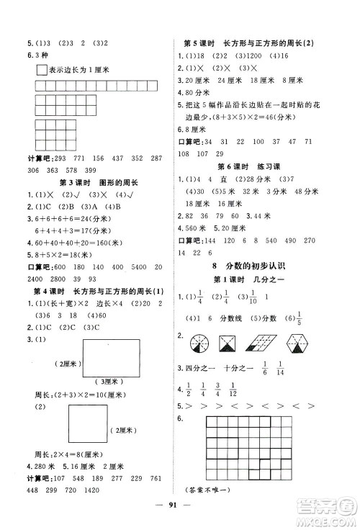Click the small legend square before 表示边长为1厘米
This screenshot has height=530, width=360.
pyautogui.click(x=40, y=70)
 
